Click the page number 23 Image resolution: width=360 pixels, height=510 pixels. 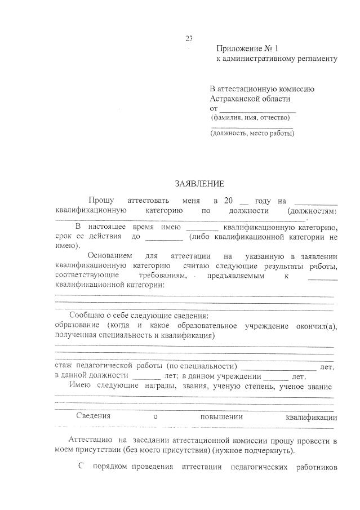point(189,39)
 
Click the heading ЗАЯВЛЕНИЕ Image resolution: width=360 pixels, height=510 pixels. point(199,183)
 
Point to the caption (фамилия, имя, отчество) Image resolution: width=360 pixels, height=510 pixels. point(250,118)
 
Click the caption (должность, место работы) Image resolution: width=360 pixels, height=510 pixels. point(252,134)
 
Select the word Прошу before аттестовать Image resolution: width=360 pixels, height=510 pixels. point(101,201)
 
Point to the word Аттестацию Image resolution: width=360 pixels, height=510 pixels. point(90,440)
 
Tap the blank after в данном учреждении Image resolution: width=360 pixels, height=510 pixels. point(275,376)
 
